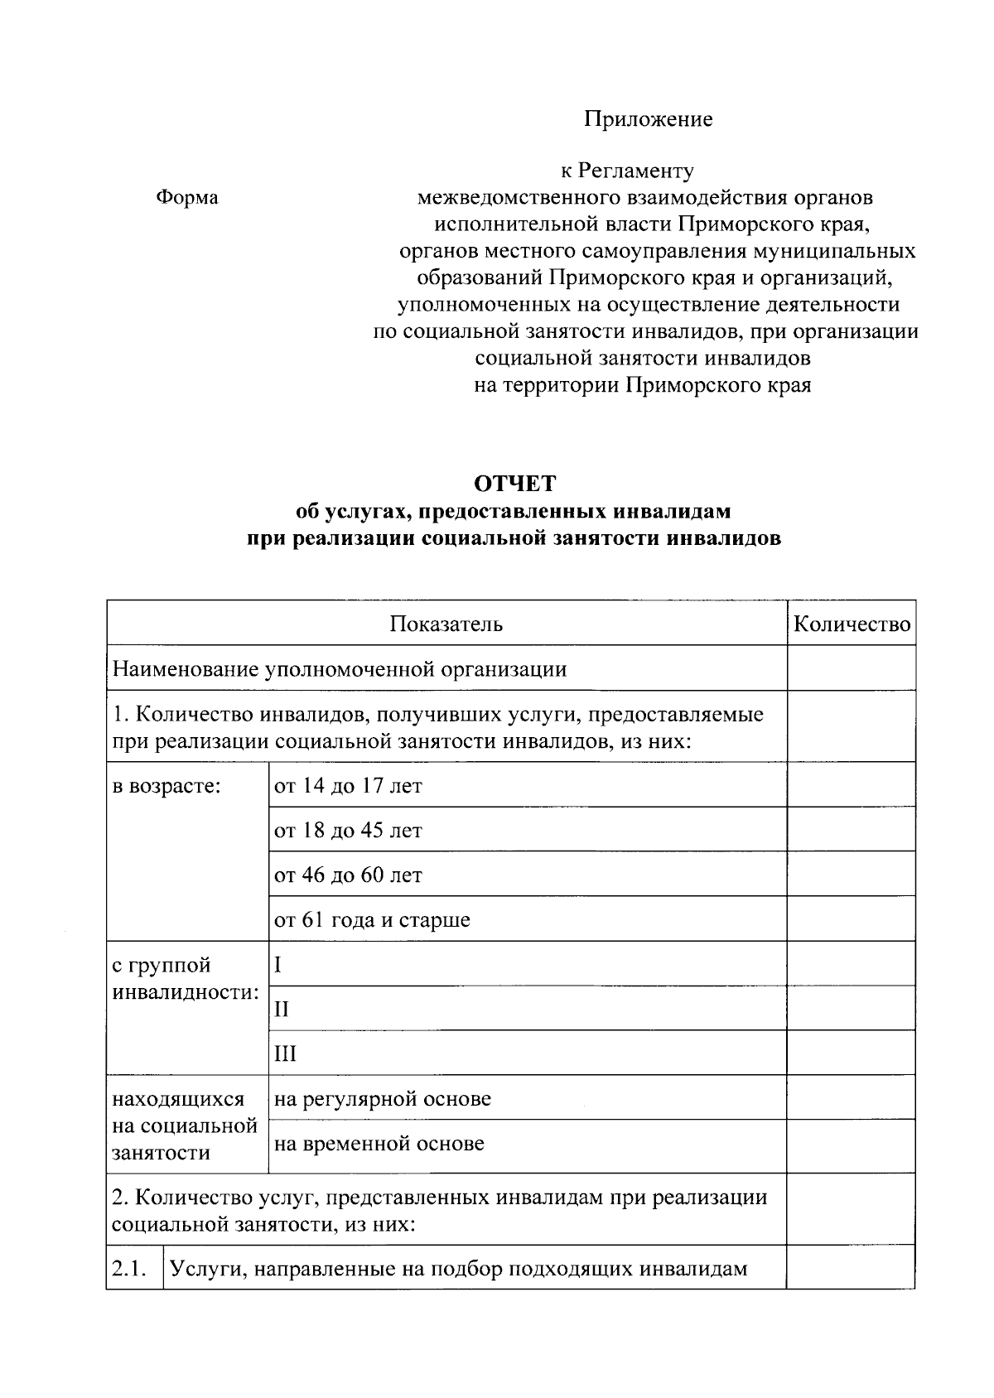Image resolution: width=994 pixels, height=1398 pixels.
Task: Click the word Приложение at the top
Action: pos(648,119)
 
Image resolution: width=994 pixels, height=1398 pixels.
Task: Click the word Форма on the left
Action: pos(187,198)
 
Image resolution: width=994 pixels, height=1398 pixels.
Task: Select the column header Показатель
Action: pos(446,624)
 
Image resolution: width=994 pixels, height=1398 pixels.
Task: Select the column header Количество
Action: pos(852,624)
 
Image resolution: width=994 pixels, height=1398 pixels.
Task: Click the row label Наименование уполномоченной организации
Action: pos(340,668)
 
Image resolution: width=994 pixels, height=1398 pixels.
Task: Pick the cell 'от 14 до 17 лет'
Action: pos(348,785)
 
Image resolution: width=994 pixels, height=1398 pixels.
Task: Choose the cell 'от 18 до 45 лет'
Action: pos(348,830)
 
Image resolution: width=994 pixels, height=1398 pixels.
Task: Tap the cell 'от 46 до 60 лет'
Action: pos(348,875)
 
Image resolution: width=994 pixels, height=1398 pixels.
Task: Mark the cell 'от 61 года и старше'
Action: pos(372,919)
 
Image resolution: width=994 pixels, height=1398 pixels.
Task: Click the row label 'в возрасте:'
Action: pos(166,785)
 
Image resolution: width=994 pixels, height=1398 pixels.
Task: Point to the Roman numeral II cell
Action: pos(282,1009)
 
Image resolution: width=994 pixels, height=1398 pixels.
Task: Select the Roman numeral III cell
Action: pos(285,1053)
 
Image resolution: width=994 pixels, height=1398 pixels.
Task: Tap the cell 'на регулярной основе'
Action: pos(382,1098)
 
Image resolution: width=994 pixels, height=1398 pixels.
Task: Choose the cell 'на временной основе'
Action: pos(379,1144)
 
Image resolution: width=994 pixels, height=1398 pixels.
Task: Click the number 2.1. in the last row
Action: pos(129,1268)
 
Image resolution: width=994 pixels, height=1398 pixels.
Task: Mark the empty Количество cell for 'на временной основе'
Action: pos(851,1145)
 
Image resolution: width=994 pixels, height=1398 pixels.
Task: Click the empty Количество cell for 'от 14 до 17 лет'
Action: pos(851,785)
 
